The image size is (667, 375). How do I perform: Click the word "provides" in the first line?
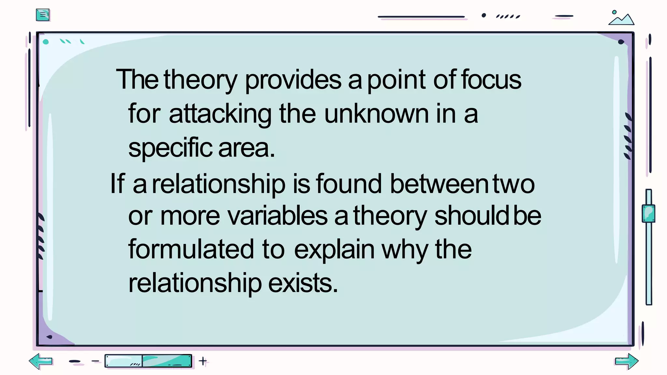point(293,80)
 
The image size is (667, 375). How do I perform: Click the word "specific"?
point(170,148)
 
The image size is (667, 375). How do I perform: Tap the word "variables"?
point(277,216)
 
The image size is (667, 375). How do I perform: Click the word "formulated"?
point(191,249)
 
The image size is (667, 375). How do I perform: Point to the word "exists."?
point(303,283)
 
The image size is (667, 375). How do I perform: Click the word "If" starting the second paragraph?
point(117,184)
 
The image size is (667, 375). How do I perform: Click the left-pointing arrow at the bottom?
point(40,361)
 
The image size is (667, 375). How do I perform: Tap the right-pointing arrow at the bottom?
point(627,361)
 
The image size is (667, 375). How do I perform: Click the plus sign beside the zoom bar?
point(203,361)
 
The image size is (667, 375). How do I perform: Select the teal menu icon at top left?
point(43,15)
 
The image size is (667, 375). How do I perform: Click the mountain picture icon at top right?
point(621,18)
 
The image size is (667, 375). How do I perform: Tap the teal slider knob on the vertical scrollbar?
point(648,214)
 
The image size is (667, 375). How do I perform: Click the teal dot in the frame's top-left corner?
point(46,42)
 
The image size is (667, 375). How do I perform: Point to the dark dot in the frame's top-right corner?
point(621,42)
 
